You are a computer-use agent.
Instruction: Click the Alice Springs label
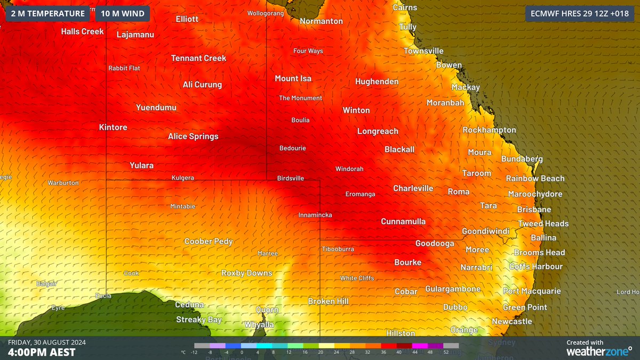click(193, 137)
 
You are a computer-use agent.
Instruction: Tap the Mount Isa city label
click(293, 78)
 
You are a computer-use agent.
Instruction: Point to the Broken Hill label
click(328, 301)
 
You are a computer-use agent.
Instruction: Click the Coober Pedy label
click(209, 242)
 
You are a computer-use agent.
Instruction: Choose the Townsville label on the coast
click(423, 51)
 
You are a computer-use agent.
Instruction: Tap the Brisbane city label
click(534, 210)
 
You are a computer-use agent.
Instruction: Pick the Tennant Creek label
click(198, 58)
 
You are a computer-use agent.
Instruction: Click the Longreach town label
click(378, 131)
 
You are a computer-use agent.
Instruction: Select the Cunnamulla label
click(403, 221)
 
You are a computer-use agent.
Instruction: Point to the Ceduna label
click(189, 305)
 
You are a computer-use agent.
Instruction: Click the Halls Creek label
click(82, 31)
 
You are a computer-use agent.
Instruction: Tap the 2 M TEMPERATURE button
click(47, 13)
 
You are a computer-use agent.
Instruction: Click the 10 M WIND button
click(122, 13)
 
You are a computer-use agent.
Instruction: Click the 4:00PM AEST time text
click(42, 353)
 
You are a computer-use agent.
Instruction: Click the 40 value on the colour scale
click(399, 353)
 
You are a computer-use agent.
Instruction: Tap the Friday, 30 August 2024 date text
click(47, 342)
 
